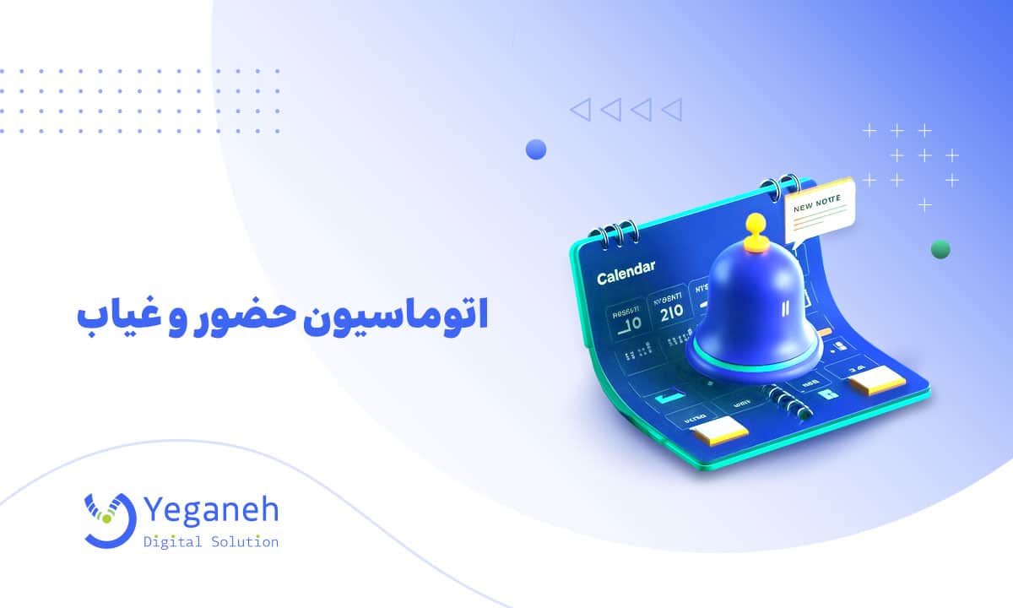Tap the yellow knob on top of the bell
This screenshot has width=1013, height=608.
(756, 226)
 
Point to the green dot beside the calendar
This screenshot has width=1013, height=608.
(940, 249)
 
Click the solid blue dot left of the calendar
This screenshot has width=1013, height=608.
(535, 150)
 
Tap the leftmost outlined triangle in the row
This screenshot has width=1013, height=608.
(579, 109)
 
